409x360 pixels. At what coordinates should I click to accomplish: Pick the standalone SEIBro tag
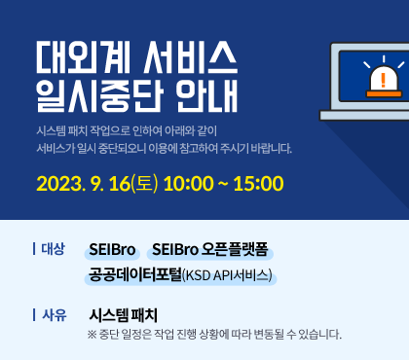pos(112,249)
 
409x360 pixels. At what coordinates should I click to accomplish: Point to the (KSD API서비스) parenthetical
pos(227,275)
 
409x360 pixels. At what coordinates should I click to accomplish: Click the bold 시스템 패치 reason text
pos(123,315)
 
